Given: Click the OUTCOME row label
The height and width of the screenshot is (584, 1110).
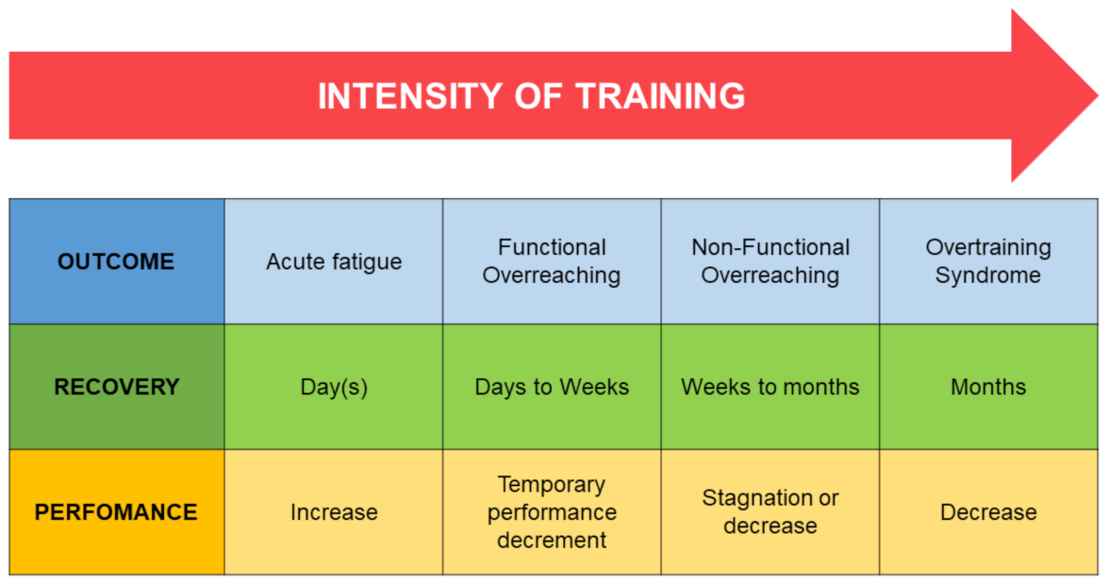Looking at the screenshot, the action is [x=117, y=261].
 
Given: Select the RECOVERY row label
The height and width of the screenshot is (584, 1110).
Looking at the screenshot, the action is [x=117, y=387].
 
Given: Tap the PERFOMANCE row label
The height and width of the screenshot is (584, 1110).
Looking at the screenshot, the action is [x=117, y=511].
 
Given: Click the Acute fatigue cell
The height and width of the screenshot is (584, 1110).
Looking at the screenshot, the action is [x=334, y=261].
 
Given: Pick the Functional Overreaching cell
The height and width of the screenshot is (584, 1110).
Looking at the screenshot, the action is [x=552, y=261].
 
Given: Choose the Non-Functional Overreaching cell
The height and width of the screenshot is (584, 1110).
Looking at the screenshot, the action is [x=770, y=261].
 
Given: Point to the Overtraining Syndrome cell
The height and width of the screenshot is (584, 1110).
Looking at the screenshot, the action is [x=989, y=261].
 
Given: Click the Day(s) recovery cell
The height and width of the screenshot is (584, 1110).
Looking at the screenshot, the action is [x=334, y=387].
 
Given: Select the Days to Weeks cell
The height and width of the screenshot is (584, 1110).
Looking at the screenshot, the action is [x=552, y=387].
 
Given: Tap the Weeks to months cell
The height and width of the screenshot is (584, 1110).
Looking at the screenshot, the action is [x=770, y=387].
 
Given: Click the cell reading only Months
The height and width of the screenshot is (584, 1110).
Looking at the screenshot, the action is [x=989, y=387].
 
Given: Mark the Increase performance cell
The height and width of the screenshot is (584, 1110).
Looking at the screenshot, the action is [x=334, y=511].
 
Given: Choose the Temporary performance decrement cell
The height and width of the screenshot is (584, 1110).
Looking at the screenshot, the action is [x=552, y=511].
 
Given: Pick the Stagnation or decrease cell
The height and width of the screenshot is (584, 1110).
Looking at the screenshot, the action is [x=770, y=511].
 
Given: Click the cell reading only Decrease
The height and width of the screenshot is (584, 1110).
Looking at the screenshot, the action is [x=989, y=511].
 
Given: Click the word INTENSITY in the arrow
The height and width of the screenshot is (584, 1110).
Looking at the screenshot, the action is [x=410, y=96].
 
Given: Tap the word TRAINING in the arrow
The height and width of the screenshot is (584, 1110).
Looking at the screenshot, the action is [x=660, y=96].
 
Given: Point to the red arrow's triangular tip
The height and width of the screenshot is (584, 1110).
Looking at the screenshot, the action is [x=1098, y=95].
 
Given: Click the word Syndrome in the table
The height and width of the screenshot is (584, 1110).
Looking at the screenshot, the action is [x=988, y=275].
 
